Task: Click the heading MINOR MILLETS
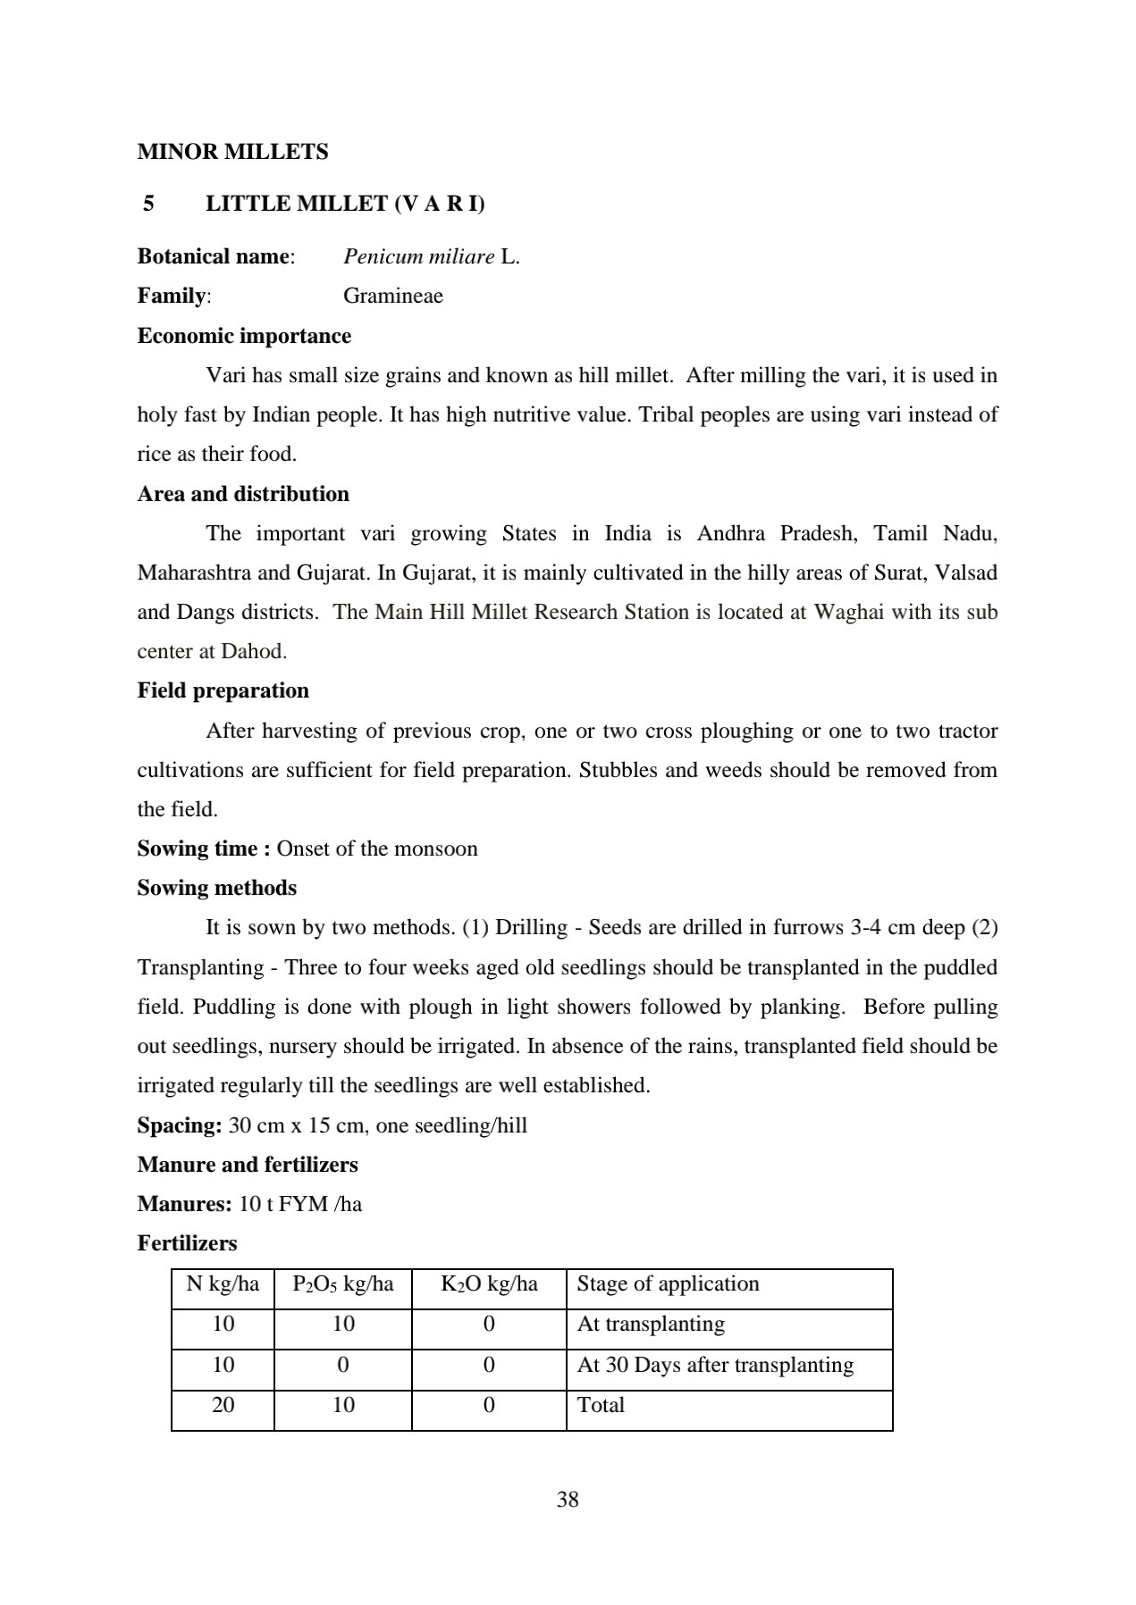pyautogui.click(x=232, y=152)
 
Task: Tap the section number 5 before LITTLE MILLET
pyautogui.click(x=148, y=204)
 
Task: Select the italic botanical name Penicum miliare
pyautogui.click(x=418, y=257)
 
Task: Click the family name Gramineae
pyautogui.click(x=392, y=296)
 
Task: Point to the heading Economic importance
pyautogui.click(x=244, y=336)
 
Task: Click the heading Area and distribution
pyautogui.click(x=243, y=494)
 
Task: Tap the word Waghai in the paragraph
pyautogui.click(x=849, y=613)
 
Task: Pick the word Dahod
pyautogui.click(x=253, y=652)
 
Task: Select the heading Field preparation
pyautogui.click(x=223, y=690)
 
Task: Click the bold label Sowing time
pyautogui.click(x=204, y=848)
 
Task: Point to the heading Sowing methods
pyautogui.click(x=216, y=888)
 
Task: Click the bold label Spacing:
pyautogui.click(x=179, y=1125)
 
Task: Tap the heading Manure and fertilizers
pyautogui.click(x=247, y=1165)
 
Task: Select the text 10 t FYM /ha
pyautogui.click(x=300, y=1204)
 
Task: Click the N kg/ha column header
pyautogui.click(x=223, y=1284)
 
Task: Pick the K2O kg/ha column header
pyautogui.click(x=489, y=1284)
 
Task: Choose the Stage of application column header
pyautogui.click(x=668, y=1284)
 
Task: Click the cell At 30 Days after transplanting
pyautogui.click(x=715, y=1365)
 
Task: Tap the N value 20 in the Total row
pyautogui.click(x=223, y=1405)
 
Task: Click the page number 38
pyautogui.click(x=568, y=1500)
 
